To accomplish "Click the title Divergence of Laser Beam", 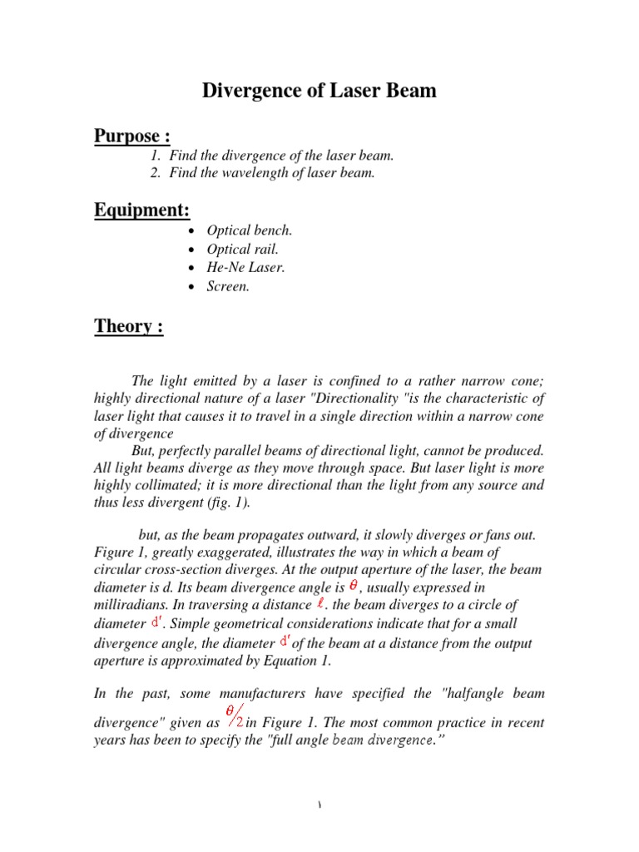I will (319, 91).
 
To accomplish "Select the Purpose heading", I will (132, 136).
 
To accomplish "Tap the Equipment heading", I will (142, 211).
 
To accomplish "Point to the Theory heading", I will (128, 326).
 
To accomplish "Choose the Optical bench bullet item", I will (250, 230).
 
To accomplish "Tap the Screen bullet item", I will (228, 287).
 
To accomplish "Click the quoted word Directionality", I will (362, 398).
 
